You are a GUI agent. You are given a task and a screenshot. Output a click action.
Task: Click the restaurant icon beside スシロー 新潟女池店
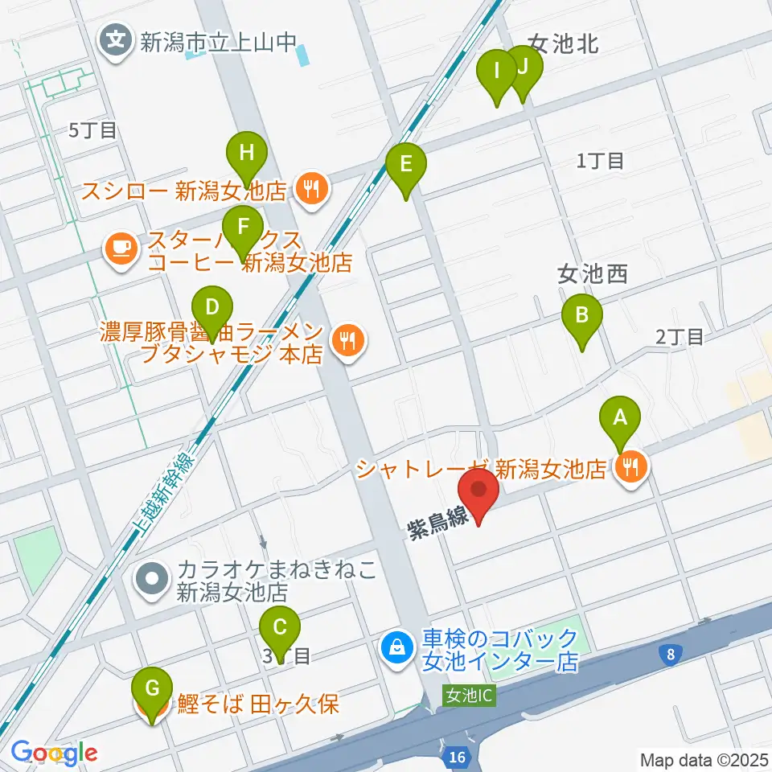pos(310,191)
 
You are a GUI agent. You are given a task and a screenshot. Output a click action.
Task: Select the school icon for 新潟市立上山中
pos(117,39)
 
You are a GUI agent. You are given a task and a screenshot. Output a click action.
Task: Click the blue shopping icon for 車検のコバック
pos(397,645)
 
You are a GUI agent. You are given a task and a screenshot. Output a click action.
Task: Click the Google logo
pos(54,754)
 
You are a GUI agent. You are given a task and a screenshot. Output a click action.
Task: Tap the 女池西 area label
pos(592,276)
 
